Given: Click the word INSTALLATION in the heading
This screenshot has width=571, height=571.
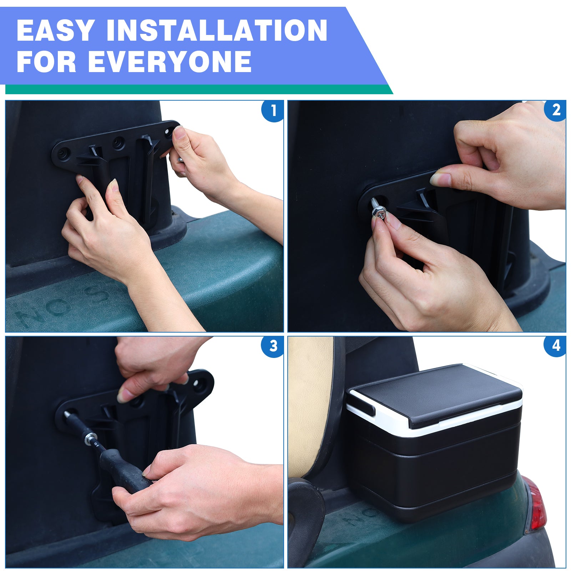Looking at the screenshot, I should [x=217, y=31].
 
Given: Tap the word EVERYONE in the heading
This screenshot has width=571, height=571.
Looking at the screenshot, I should [x=170, y=61].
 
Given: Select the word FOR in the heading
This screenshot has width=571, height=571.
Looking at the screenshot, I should [x=46, y=61].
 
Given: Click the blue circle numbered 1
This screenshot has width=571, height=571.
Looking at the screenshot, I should [x=273, y=111].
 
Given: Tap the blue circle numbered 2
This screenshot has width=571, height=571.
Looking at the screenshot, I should [x=556, y=111].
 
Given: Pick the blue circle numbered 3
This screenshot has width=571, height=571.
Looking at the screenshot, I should [x=273, y=346].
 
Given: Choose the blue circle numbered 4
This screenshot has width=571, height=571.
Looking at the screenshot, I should [x=556, y=346].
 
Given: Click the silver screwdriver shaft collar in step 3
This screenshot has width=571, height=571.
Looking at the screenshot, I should [x=91, y=438].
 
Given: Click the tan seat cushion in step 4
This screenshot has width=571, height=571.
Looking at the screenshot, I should [x=309, y=403].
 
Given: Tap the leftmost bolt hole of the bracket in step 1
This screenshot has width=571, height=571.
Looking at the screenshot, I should [x=64, y=153].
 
